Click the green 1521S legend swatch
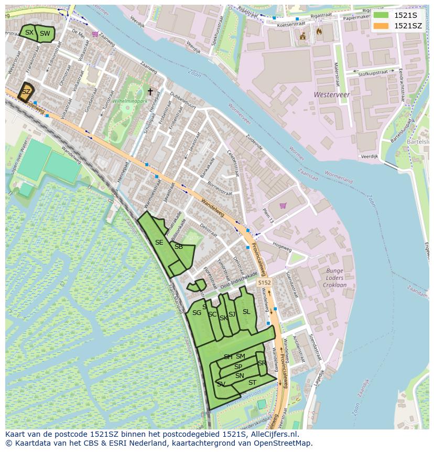(x=381, y=15)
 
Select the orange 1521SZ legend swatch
(x=381, y=26)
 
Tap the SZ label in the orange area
(x=26, y=91)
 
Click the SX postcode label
(x=29, y=33)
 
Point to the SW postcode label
(x=45, y=34)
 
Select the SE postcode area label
(x=159, y=243)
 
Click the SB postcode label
(x=179, y=247)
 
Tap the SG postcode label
(x=197, y=313)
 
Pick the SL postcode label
(x=246, y=312)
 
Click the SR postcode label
(x=262, y=363)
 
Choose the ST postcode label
(x=252, y=382)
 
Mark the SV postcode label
(x=221, y=384)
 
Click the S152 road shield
(x=264, y=283)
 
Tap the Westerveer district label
(x=331, y=94)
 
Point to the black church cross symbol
(x=150, y=92)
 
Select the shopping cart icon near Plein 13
(x=283, y=205)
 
